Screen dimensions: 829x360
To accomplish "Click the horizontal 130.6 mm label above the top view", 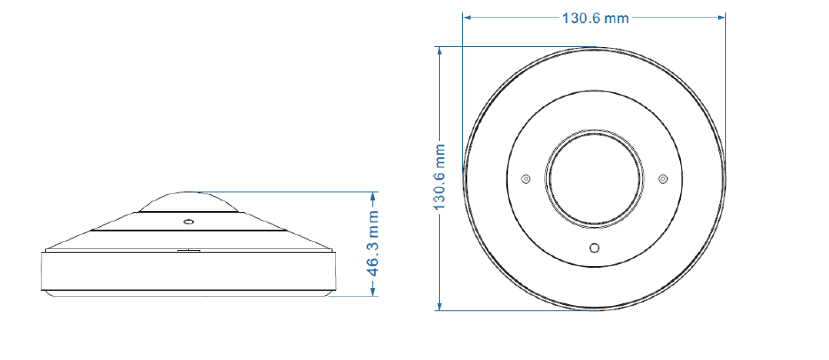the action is pos(595,18).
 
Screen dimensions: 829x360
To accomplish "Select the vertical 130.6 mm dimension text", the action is pos(440,176).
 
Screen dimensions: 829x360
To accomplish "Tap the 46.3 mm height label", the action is pos(374,243).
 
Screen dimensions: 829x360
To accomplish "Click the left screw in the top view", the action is pos(525,179).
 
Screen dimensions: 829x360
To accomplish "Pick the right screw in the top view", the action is pos(663,179).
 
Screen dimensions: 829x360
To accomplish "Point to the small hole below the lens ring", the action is pos(594,247).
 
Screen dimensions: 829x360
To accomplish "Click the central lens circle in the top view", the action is pos(594,179).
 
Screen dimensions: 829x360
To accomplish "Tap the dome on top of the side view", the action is pos(188,201).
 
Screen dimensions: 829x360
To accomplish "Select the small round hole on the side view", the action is pos(188,221).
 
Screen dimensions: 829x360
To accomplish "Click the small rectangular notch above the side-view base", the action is pos(188,251).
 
